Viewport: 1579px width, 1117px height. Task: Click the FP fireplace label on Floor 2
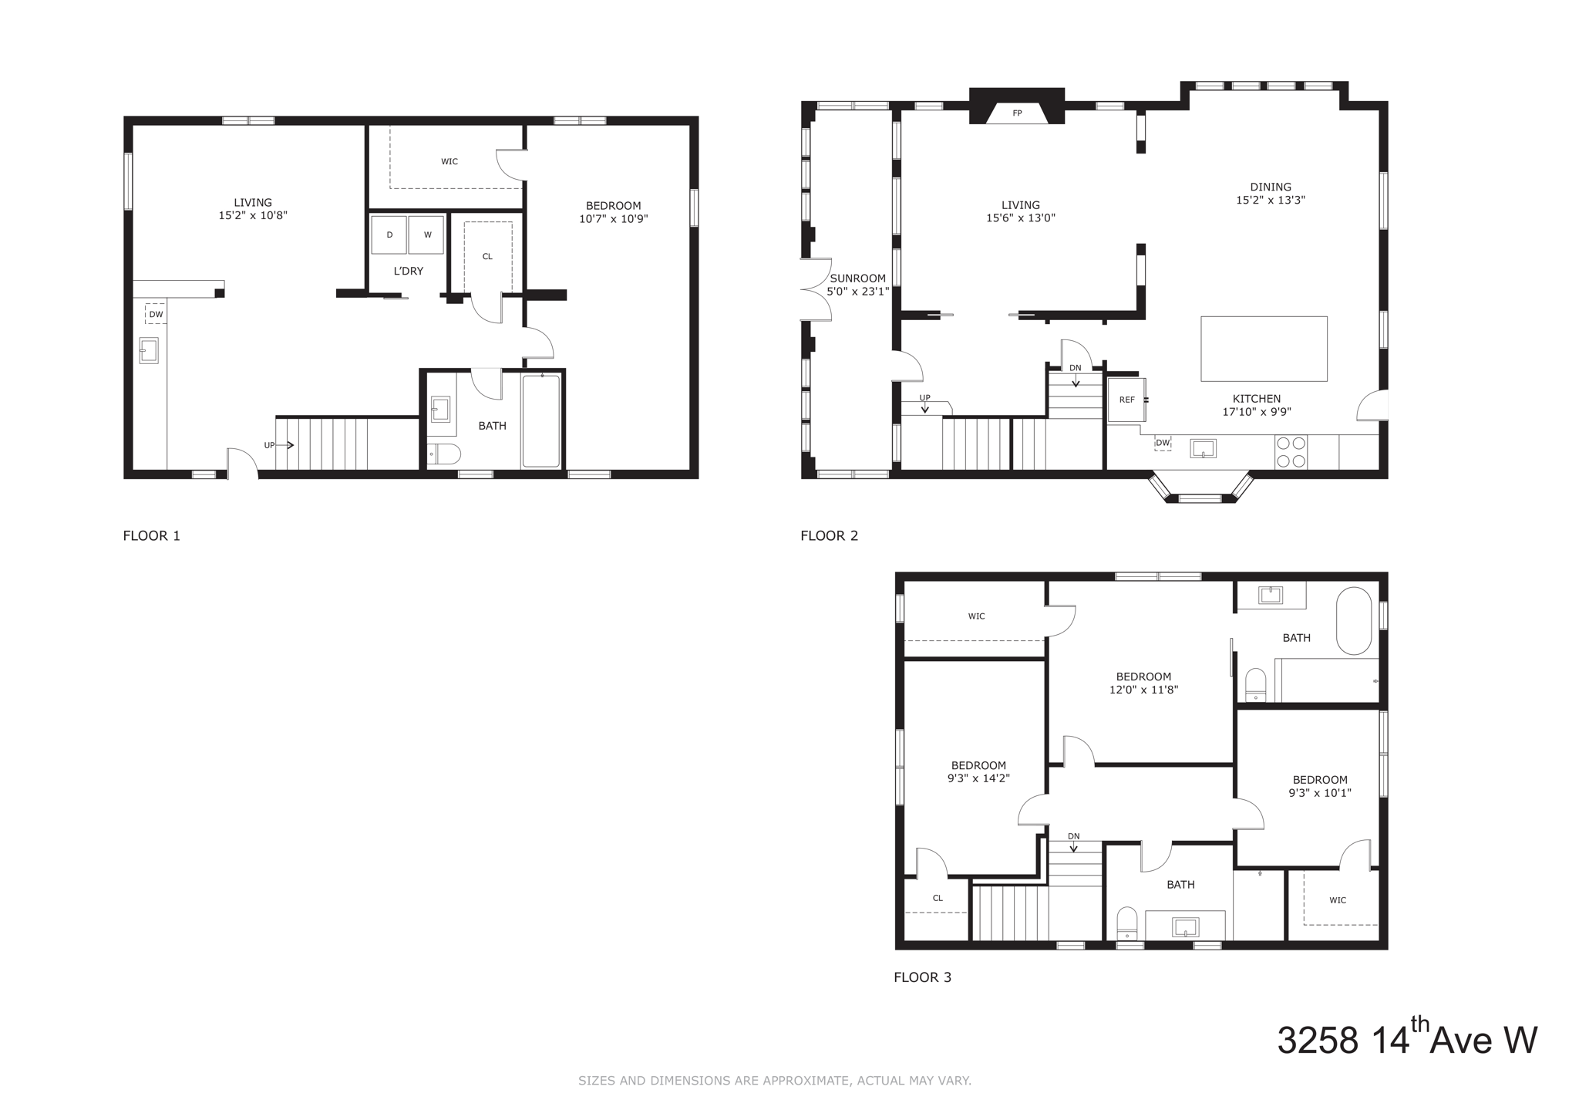tap(1017, 113)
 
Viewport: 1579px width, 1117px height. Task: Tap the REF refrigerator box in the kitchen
tap(1126, 400)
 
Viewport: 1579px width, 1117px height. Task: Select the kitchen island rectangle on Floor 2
tap(1264, 349)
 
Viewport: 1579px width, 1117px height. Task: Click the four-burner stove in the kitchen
tap(1291, 452)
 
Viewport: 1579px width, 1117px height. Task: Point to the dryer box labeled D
tap(389, 235)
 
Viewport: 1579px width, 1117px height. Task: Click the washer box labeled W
tap(426, 235)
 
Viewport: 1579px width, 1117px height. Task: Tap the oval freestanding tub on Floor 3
tap(1354, 621)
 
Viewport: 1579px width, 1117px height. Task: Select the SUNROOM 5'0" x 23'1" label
tap(857, 285)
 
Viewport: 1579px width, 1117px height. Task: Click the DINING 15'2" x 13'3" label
tap(1270, 193)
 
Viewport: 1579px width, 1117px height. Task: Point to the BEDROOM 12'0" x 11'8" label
tap(1143, 683)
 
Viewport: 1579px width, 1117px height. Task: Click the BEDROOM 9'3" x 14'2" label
tap(978, 771)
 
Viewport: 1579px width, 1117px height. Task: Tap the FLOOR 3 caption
tap(922, 977)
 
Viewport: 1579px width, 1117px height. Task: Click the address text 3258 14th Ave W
tap(1406, 1039)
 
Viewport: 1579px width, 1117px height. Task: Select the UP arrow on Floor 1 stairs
tap(284, 445)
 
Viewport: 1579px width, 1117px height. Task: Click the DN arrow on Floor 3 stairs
tap(1073, 845)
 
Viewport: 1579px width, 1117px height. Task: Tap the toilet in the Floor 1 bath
tap(443, 454)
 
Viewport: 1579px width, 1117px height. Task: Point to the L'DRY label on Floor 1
tap(408, 271)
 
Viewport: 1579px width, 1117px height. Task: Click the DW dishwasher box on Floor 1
tap(156, 314)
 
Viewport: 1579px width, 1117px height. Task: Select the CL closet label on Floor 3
tap(938, 898)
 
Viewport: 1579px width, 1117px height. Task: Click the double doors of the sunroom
tap(816, 289)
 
